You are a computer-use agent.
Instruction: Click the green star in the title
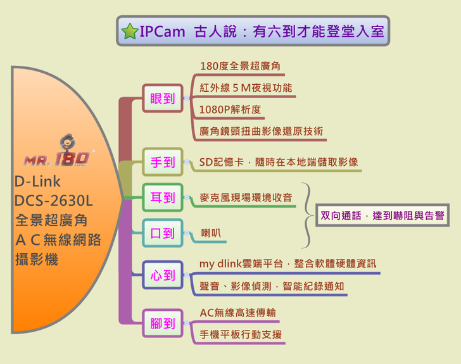click(x=130, y=31)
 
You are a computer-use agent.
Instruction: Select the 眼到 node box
click(x=162, y=98)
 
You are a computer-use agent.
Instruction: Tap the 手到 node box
click(x=162, y=162)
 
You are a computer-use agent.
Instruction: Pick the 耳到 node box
click(x=162, y=198)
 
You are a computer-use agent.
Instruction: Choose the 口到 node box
click(x=162, y=233)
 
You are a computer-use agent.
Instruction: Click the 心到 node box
click(x=162, y=275)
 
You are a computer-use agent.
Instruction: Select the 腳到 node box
click(x=162, y=323)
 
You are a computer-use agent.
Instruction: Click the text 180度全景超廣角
click(x=240, y=66)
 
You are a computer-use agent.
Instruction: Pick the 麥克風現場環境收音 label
click(x=246, y=198)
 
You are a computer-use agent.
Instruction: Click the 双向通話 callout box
click(x=382, y=216)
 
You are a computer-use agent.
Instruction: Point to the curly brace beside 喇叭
click(x=307, y=215)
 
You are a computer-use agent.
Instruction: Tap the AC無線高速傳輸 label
click(x=237, y=312)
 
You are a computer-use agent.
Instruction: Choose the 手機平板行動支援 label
click(x=241, y=334)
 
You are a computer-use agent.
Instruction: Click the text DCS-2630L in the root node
click(x=53, y=201)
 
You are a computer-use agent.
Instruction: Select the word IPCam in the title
click(x=160, y=31)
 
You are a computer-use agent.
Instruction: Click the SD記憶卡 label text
click(x=279, y=161)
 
